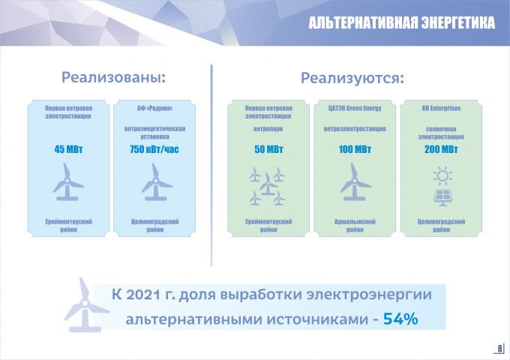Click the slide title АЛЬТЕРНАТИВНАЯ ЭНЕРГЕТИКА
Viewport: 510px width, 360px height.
coord(402,22)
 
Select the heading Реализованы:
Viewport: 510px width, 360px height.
coord(113,78)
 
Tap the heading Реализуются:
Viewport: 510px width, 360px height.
coord(352,78)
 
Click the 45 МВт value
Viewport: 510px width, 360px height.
coord(69,149)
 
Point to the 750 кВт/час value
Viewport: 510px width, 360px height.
coord(154,149)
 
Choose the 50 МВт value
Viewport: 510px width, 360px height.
coord(268,149)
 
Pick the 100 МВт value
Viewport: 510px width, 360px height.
coord(355,149)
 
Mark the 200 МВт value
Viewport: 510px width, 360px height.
coord(441,149)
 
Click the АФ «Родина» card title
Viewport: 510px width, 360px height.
coord(154,108)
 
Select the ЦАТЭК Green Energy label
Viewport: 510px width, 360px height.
coord(355,108)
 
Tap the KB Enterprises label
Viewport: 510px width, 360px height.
coord(441,108)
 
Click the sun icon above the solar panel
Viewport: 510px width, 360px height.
coord(442,176)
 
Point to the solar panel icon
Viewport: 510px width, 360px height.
coord(442,198)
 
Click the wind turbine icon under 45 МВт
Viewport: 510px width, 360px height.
coord(68,182)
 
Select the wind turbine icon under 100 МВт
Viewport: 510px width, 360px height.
coord(355,182)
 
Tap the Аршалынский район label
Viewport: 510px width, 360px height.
coord(355,226)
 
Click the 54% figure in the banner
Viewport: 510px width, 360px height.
coord(400,319)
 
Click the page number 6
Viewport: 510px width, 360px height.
coord(500,348)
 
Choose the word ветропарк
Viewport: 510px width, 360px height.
coord(268,129)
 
